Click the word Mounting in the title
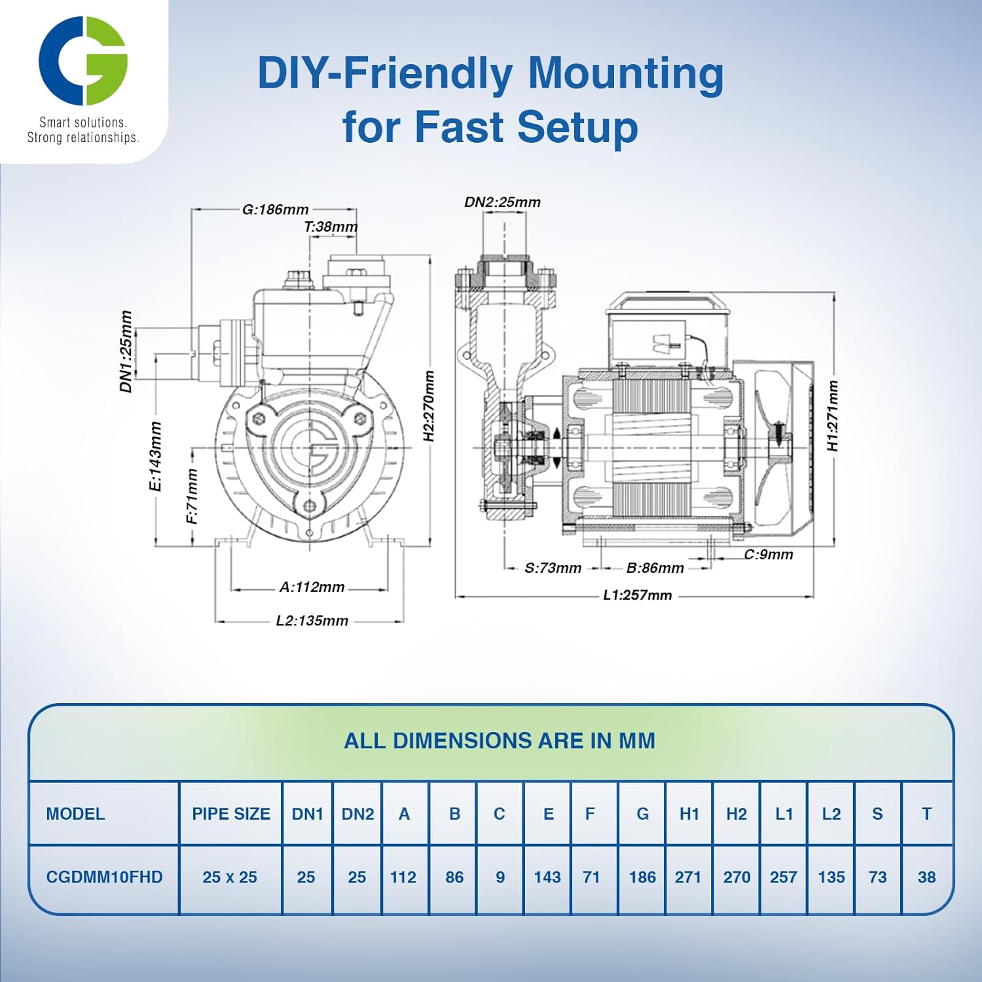point(625,73)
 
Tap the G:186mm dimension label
point(275,209)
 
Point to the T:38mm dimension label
point(331,227)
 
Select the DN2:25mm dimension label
point(502,202)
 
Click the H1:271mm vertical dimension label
point(832,416)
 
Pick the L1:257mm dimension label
point(637,595)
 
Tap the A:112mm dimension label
point(312,587)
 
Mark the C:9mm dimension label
point(768,555)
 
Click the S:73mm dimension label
point(553,568)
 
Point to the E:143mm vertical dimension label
point(155,456)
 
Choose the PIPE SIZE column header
point(230,814)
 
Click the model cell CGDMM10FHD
point(104,877)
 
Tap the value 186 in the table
point(642,877)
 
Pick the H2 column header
point(736,814)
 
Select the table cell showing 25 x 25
point(230,877)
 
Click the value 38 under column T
point(926,877)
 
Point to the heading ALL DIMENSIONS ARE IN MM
point(500,740)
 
